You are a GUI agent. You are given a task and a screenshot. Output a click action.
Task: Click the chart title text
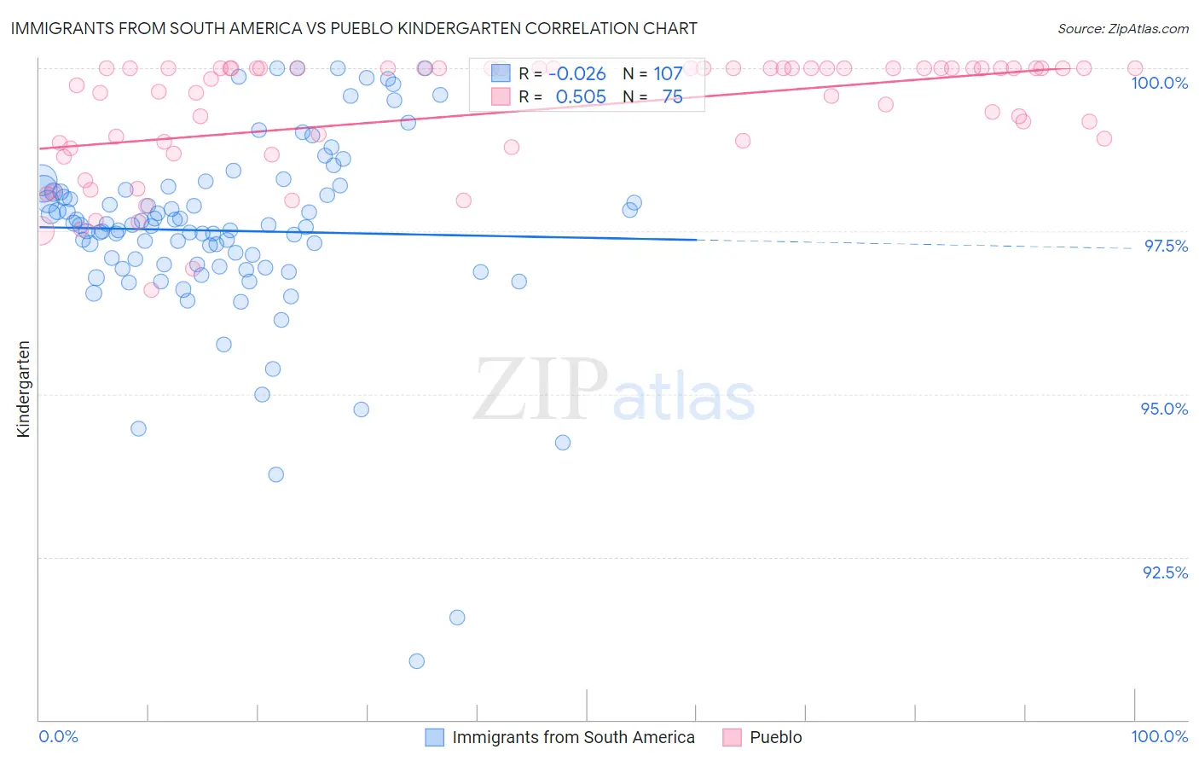tap(354, 28)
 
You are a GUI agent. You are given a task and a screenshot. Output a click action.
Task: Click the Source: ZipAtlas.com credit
tap(1122, 28)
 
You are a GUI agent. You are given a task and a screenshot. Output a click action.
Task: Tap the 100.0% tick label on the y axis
tap(1159, 83)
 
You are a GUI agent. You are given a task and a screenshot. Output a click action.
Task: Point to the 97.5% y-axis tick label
tap(1166, 246)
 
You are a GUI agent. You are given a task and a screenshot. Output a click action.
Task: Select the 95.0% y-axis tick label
tap(1164, 409)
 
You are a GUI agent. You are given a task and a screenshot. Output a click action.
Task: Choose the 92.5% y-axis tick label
tap(1165, 572)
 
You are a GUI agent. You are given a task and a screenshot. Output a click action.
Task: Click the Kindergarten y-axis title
tap(23, 389)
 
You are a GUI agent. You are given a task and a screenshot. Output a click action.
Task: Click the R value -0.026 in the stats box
tap(576, 74)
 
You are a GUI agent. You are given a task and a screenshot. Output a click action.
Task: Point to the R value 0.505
tap(580, 97)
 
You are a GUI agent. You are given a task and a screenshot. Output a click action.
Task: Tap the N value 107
tap(668, 74)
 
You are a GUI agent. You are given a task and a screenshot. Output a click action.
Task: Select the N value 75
tap(672, 97)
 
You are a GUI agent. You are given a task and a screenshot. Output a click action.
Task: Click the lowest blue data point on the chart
tap(416, 661)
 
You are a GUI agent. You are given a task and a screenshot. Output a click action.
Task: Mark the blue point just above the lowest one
tap(457, 618)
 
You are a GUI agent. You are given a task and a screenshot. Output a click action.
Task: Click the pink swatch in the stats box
tap(501, 96)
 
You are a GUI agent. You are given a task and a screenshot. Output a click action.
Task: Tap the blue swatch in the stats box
tap(501, 73)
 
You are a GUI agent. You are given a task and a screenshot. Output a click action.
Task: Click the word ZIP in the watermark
tap(541, 391)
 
